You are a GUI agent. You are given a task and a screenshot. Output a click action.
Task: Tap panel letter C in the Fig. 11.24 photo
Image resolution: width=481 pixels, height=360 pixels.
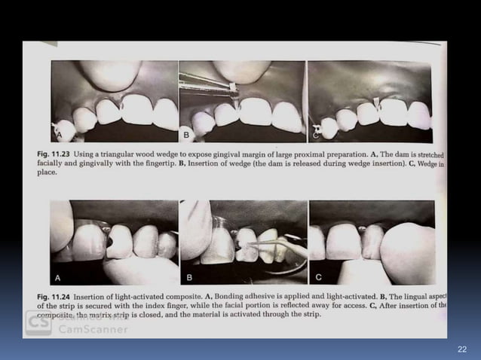click(x=320, y=275)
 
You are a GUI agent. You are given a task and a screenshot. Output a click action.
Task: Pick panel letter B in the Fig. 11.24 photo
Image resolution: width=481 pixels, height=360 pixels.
click(x=191, y=275)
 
